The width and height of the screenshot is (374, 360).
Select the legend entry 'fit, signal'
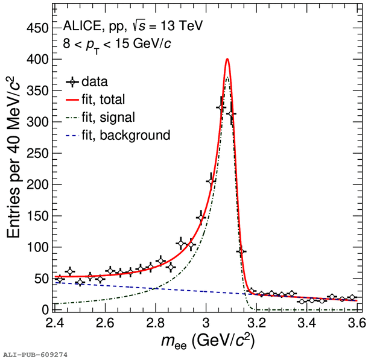[108, 117]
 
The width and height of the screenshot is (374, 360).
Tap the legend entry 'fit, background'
[126, 135]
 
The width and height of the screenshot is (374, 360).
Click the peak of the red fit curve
[227, 59]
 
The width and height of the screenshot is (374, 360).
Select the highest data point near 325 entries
[221, 107]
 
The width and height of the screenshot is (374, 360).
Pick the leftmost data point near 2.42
[60, 279]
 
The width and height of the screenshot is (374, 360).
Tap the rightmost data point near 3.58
[352, 297]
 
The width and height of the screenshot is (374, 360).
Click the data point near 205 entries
[211, 182]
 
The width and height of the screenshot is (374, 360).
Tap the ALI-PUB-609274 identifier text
[35, 355]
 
